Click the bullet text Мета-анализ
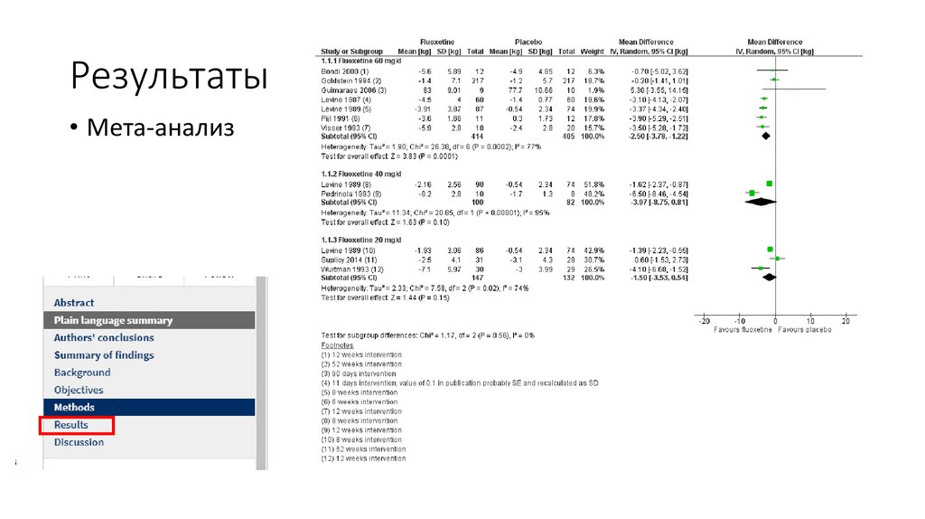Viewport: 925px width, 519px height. pos(160,128)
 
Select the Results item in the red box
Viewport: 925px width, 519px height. pos(71,425)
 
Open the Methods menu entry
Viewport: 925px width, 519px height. pos(74,408)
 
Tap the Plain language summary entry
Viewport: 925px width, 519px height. pos(113,320)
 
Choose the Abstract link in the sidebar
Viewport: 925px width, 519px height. pos(74,303)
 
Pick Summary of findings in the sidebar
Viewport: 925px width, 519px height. pos(104,355)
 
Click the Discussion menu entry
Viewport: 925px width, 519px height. pos(79,442)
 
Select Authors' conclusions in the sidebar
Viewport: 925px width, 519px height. pos(104,338)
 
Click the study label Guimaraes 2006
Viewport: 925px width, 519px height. pos(341,90)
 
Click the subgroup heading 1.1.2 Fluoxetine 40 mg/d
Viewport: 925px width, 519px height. pos(358,172)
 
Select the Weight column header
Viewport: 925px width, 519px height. pos(593,52)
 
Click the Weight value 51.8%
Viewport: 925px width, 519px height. pos(592,184)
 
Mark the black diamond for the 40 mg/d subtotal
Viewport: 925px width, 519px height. pos(761,203)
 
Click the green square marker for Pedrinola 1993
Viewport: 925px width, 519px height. pos(752,193)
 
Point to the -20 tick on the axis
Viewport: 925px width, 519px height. pos(705,322)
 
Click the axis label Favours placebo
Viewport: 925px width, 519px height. pos(808,330)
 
